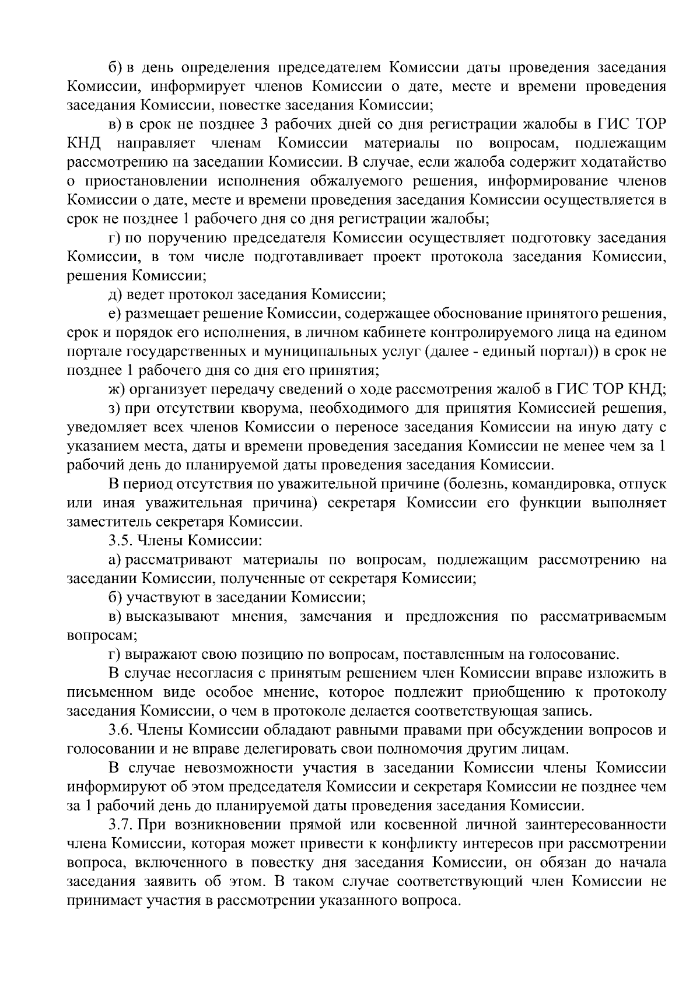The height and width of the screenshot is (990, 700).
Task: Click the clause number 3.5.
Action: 120,540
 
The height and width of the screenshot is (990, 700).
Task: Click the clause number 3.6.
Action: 120,730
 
